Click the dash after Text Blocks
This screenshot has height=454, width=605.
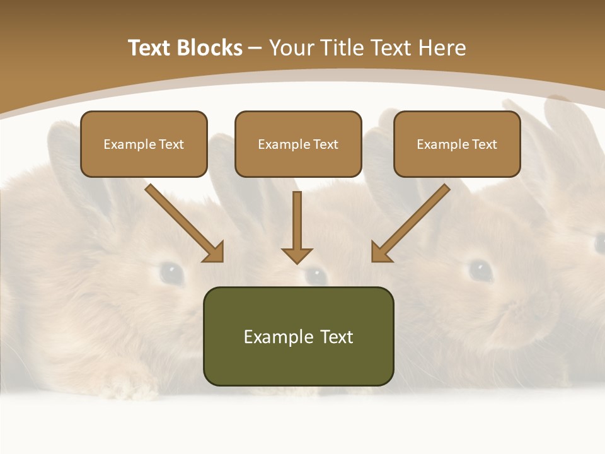pyautogui.click(x=255, y=49)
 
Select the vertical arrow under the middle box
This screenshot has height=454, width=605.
pyautogui.click(x=297, y=224)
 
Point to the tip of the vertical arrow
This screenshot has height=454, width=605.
pyautogui.click(x=297, y=261)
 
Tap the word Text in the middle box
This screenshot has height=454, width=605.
pyautogui.click(x=325, y=144)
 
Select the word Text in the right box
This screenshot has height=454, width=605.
pyautogui.click(x=484, y=144)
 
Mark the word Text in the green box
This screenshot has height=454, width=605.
pyautogui.click(x=337, y=337)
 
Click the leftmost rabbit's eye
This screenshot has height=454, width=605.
pyautogui.click(x=171, y=272)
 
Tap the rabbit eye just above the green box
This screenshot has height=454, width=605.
pyautogui.click(x=315, y=275)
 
